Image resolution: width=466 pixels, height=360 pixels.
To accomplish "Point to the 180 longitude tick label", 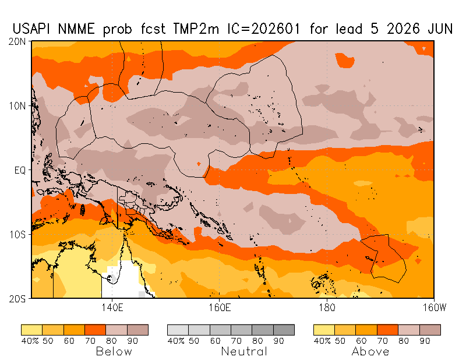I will pyautogui.click(x=326, y=307).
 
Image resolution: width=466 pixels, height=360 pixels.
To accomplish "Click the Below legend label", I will pyautogui.click(x=114, y=351).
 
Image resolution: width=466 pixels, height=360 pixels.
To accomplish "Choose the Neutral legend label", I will pyautogui.click(x=244, y=351).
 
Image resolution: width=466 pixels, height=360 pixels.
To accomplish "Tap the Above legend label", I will pyautogui.click(x=370, y=351).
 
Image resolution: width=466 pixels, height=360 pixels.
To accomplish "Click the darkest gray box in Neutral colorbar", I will pyautogui.click(x=284, y=330).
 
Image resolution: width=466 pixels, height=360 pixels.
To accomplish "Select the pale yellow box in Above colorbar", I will pyautogui.click(x=324, y=330).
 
